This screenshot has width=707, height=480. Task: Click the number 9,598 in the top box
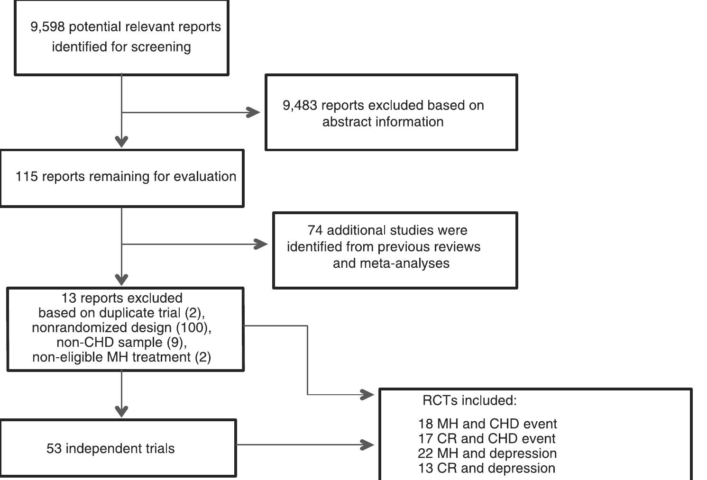47,27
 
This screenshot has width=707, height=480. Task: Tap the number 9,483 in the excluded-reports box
300,105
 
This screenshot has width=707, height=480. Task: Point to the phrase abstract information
383,122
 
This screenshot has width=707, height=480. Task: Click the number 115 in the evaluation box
27,177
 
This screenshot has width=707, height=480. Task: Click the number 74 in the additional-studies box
315,230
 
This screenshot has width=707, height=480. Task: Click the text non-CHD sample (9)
121,342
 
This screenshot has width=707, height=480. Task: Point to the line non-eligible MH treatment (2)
121,357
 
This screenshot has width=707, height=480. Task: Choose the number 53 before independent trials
54,448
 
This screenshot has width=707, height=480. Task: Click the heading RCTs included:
469,400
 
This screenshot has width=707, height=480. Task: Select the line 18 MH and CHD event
487,424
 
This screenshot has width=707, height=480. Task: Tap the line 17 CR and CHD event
487,438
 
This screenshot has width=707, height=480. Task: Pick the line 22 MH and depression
487,453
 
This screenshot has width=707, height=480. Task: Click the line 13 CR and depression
487,468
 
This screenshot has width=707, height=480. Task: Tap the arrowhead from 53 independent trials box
367,444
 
